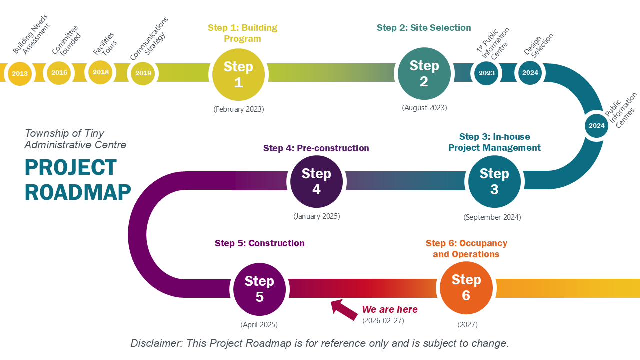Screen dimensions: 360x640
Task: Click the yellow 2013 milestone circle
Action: coord(20,73)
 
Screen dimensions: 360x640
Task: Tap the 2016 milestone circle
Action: coord(59,73)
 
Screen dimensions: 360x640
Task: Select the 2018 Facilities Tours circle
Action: coord(101,72)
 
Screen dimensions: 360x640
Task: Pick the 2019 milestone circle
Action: coord(143,73)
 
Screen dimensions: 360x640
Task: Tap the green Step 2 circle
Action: coord(424,74)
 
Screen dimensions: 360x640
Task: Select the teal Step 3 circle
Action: coord(494,182)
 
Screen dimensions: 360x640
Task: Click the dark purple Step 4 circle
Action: coord(316,182)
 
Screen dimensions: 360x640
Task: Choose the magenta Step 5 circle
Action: coord(259,289)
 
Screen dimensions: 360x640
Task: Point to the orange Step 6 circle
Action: coord(466,288)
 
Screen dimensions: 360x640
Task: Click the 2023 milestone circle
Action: coord(487,73)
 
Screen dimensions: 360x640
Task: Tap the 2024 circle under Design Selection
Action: coord(530,73)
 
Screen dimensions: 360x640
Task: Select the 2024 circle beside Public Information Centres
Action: coord(597,126)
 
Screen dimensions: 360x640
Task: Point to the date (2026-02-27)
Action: coord(383,320)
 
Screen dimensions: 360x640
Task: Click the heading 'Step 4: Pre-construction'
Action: coord(316,148)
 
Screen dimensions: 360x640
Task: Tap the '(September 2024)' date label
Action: coord(492,217)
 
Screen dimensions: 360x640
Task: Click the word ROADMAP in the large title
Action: coord(78,192)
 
